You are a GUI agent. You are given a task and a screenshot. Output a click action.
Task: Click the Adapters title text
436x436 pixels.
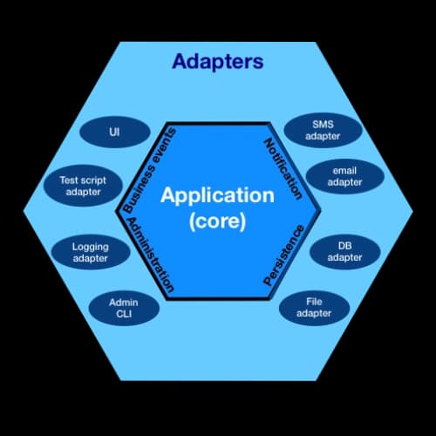[x=217, y=62]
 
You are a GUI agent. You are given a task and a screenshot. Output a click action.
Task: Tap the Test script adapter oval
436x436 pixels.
[x=81, y=186]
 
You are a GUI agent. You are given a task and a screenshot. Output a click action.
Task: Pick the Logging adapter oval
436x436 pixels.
[x=90, y=253]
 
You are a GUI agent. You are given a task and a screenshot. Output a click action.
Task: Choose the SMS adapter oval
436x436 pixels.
[x=322, y=130]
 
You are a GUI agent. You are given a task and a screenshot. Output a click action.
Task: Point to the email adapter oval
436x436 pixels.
[x=344, y=176]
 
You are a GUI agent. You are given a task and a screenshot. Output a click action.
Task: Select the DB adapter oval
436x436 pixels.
[x=344, y=251]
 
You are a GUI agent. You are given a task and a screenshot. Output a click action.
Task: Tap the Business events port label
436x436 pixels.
[x=149, y=170]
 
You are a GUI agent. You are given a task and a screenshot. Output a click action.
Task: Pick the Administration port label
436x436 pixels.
[x=151, y=255]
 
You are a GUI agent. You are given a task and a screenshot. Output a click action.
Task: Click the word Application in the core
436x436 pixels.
[x=217, y=195]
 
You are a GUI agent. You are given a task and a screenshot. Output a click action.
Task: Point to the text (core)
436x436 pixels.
[x=217, y=222]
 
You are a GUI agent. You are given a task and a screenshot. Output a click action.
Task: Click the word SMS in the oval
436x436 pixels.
[x=322, y=124]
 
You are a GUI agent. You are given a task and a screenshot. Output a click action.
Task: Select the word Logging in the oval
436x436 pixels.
[x=90, y=247]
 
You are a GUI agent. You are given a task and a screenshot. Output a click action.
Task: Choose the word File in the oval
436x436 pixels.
[x=314, y=301]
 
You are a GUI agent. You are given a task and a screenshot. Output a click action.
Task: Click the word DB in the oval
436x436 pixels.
[x=344, y=245]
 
